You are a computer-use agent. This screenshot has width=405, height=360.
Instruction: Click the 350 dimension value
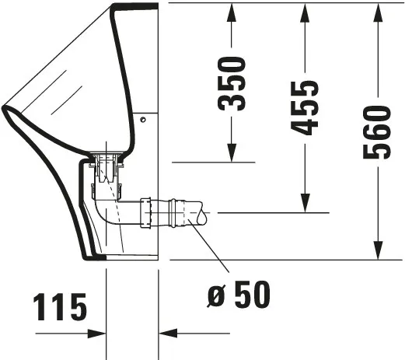232,83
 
